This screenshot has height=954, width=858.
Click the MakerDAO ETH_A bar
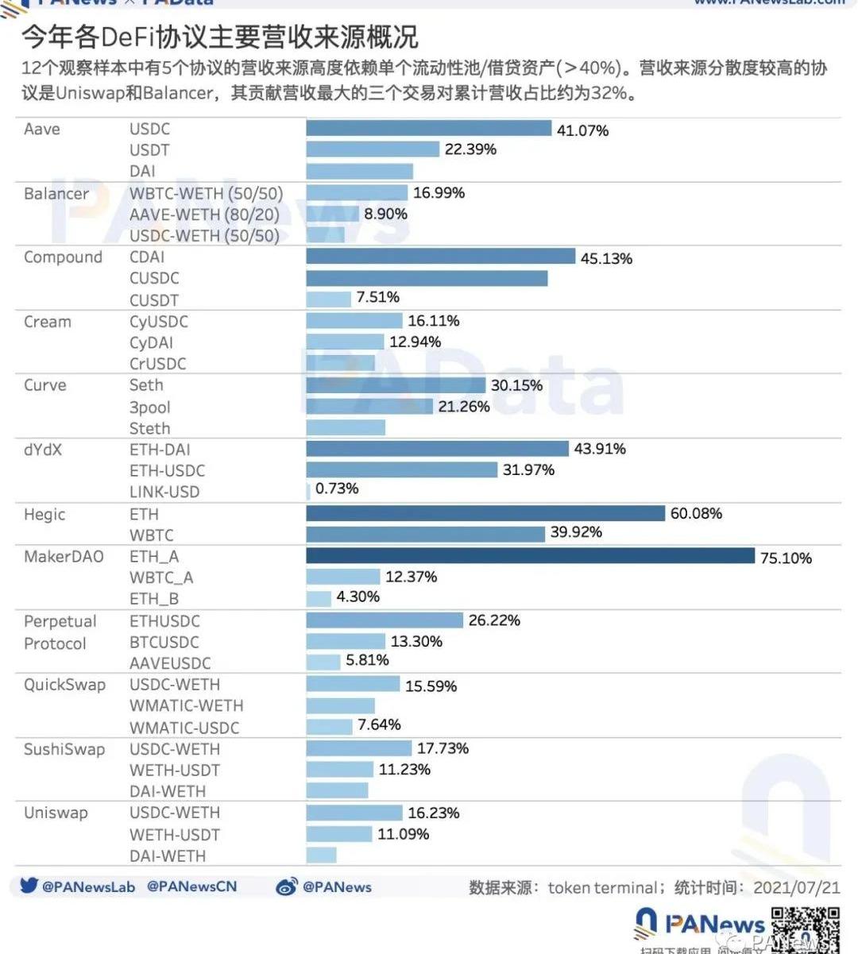(530, 556)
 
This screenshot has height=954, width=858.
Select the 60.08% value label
(696, 514)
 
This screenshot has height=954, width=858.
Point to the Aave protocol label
(42, 129)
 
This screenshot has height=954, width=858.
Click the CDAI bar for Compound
(440, 257)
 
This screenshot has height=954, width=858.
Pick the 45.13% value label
(606, 259)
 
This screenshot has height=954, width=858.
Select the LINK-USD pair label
(164, 492)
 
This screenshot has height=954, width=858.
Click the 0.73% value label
(337, 489)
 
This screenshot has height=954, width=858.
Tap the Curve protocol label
(45, 385)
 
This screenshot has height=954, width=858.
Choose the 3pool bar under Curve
(369, 407)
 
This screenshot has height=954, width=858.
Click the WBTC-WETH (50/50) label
(206, 193)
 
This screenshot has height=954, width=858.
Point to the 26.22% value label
(494, 620)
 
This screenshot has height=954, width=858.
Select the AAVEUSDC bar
(323, 662)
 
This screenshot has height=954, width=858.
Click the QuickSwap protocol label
(64, 685)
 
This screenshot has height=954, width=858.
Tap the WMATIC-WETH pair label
(187, 705)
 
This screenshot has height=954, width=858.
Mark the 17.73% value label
(443, 748)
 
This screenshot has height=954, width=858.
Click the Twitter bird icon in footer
(29, 886)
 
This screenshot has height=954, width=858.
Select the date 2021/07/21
(796, 887)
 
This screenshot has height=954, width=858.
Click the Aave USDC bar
(428, 128)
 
